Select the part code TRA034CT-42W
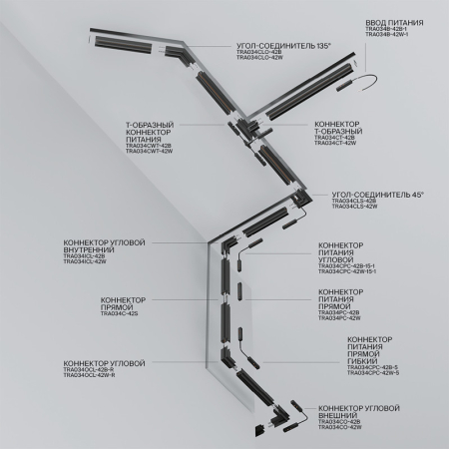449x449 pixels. pos(333,145)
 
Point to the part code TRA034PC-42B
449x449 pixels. pos(339,312)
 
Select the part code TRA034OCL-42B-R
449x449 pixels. pos(90,371)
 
